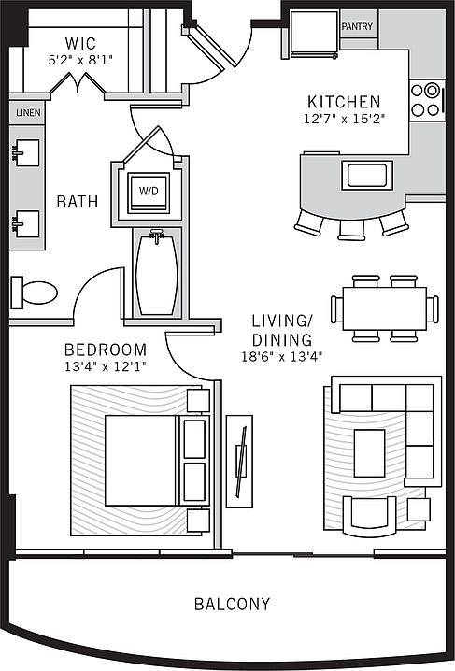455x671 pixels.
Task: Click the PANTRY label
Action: pyautogui.click(x=357, y=26)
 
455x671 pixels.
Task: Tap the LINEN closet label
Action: pyautogui.click(x=28, y=113)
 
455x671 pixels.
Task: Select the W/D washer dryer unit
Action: pyautogui.click(x=149, y=193)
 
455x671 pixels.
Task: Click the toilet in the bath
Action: pyautogui.click(x=35, y=293)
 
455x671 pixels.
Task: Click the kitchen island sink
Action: pyautogui.click(x=367, y=175)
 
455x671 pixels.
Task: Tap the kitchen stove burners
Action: pyautogui.click(x=425, y=100)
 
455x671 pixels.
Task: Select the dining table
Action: pyautogui.click(x=384, y=308)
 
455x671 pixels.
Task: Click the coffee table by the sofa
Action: pyautogui.click(x=369, y=453)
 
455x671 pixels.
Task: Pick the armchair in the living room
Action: pyautogui.click(x=369, y=516)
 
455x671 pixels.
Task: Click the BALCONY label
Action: pyautogui.click(x=233, y=604)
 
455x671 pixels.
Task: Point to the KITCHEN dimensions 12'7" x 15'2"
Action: pyautogui.click(x=345, y=119)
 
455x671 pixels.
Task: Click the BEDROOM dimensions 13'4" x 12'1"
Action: pyautogui.click(x=106, y=366)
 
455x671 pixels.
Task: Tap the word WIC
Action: pyautogui.click(x=80, y=43)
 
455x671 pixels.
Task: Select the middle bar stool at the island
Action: pyautogui.click(x=351, y=230)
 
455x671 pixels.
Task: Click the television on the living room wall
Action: pyautogui.click(x=241, y=462)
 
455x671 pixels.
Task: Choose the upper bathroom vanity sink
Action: pyautogui.click(x=26, y=152)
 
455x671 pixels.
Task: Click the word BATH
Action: pyautogui.click(x=78, y=201)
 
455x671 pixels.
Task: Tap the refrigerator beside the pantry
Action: pyautogui.click(x=314, y=34)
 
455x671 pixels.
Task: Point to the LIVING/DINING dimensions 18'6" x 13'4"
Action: pyautogui.click(x=282, y=356)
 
